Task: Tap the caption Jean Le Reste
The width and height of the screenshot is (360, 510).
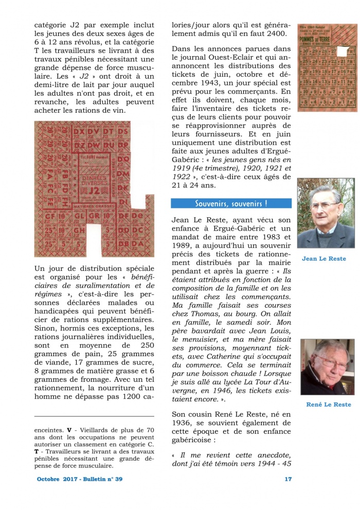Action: coord(323,259)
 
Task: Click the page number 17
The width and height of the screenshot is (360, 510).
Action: coord(288,479)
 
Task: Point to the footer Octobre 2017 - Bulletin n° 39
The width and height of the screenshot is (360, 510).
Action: coord(80,479)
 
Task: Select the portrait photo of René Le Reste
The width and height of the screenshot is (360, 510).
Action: coord(326,367)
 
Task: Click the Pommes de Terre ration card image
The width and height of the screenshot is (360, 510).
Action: coord(326,67)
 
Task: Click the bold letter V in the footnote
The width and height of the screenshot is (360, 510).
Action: coord(69,430)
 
